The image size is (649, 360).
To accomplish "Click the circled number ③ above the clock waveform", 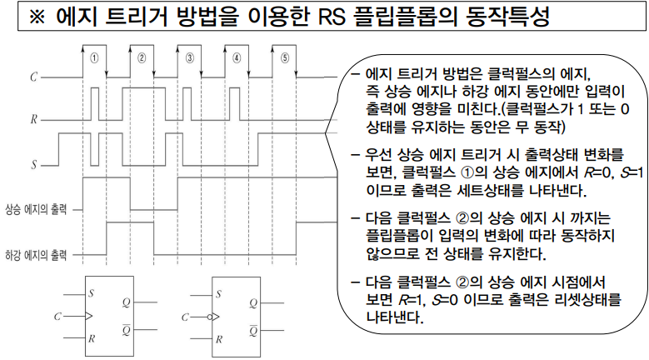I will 190,58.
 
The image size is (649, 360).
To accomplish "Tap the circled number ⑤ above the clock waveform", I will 285,58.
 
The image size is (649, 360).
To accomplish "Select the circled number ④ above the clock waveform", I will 237,58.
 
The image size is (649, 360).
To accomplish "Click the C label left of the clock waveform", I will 33,77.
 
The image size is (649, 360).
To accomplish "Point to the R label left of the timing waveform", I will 33,120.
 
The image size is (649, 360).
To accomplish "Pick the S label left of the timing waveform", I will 33,164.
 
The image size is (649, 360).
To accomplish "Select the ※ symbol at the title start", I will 37,17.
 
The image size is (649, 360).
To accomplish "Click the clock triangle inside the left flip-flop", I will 88,317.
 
